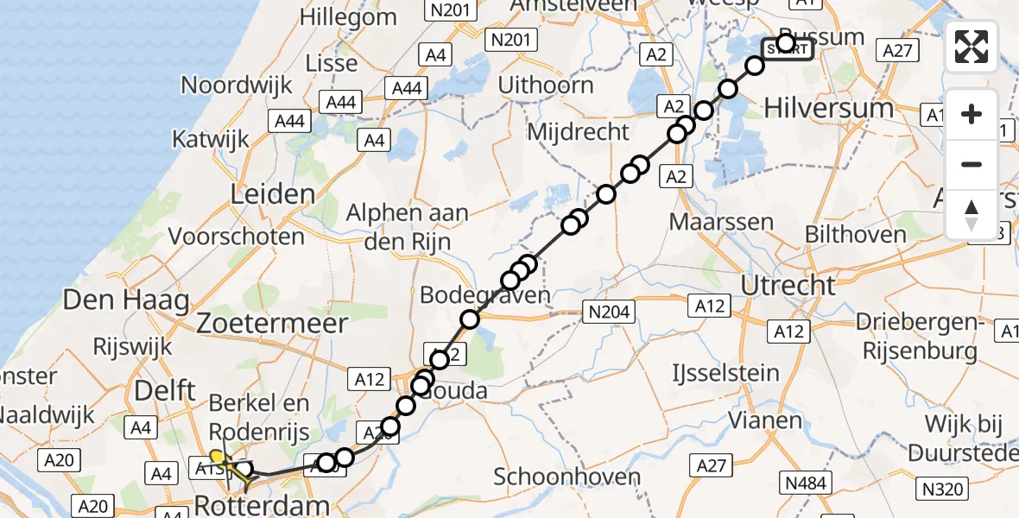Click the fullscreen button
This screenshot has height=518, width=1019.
click(x=972, y=47)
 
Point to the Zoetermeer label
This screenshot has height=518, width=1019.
click(x=272, y=324)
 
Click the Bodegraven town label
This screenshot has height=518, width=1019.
click(x=484, y=295)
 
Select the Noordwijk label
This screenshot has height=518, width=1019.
click(x=236, y=85)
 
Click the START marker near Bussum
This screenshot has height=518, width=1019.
click(x=787, y=49)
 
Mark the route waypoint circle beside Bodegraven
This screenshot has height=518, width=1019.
click(x=470, y=320)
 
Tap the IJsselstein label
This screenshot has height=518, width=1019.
click(x=725, y=373)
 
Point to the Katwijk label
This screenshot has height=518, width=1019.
click(x=211, y=138)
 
